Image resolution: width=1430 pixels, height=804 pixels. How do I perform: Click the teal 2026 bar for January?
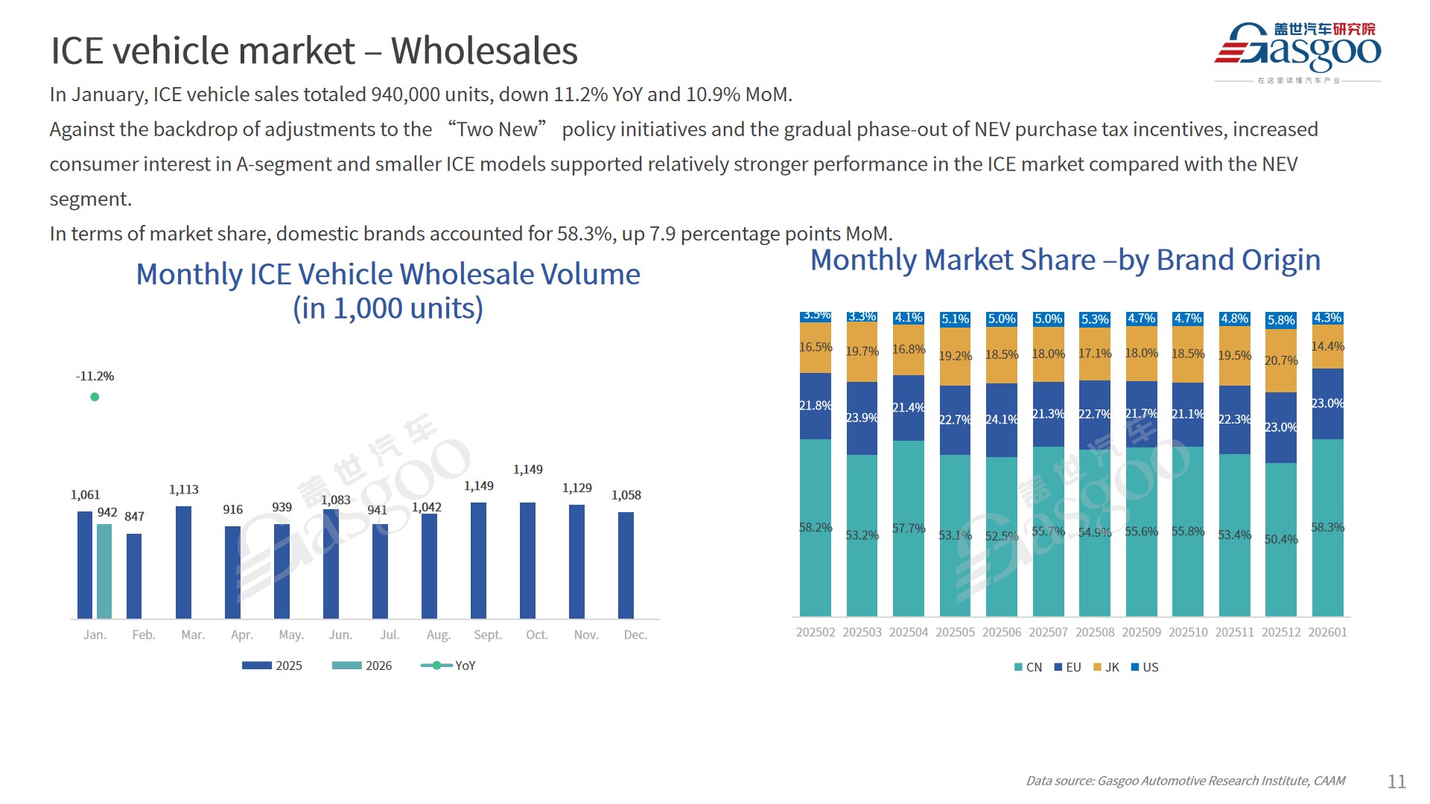point(104,571)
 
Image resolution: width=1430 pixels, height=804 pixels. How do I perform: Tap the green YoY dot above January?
point(95,397)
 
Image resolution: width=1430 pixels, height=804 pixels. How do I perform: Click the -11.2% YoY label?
point(95,376)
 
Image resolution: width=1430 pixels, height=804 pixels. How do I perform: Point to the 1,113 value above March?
point(183,489)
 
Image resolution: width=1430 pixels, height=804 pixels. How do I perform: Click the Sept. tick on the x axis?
point(488,634)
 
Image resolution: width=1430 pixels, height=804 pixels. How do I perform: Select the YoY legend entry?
point(448,666)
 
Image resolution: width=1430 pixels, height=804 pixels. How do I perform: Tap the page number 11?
point(1396,781)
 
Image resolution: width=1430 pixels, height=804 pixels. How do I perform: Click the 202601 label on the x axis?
point(1327,632)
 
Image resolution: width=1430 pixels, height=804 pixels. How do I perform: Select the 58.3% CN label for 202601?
point(1327,527)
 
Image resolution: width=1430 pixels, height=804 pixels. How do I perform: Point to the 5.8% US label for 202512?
point(1281,320)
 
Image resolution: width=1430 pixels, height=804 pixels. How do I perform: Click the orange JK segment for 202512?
point(1281,360)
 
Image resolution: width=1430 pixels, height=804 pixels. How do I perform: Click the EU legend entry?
point(1067,667)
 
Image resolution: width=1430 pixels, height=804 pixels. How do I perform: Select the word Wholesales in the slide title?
point(484,51)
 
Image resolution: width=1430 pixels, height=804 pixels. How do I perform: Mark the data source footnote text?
point(1185,780)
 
